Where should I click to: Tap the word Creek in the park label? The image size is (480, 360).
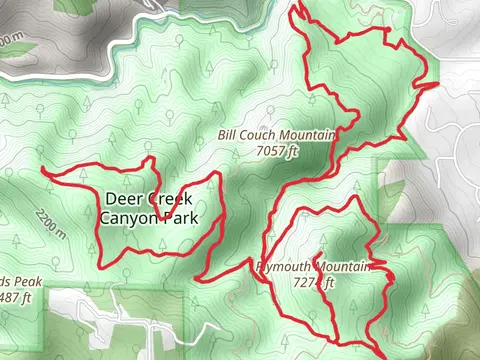[167, 198]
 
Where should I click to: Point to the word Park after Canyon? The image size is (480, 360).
[182, 217]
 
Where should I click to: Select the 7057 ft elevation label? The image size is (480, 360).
[277, 151]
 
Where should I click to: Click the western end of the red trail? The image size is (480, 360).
[43, 172]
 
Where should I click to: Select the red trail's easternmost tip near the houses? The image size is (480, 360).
[437, 84]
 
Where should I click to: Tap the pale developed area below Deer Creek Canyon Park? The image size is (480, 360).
[110, 320]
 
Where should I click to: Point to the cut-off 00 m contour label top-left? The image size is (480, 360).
[10, 40]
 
